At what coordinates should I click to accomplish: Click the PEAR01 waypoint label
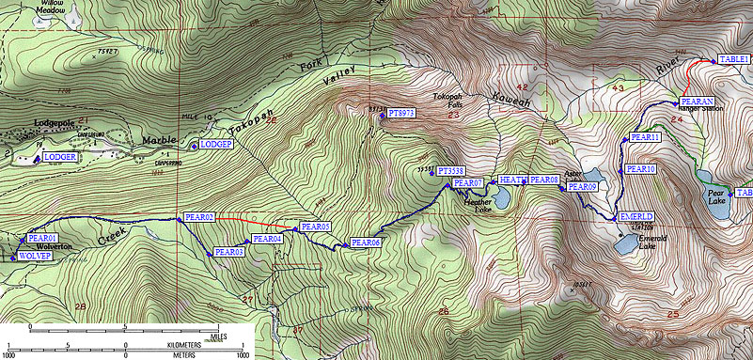pyautogui.click(x=44, y=239)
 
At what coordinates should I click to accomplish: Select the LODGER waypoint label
pyautogui.click(x=59, y=157)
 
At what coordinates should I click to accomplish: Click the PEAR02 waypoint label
pyautogui.click(x=200, y=217)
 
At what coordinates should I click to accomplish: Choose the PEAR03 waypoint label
pyautogui.click(x=229, y=252)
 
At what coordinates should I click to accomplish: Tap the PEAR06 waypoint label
pyautogui.click(x=365, y=243)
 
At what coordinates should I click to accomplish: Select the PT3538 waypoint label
pyautogui.click(x=451, y=171)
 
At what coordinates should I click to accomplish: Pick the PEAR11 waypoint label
pyautogui.click(x=647, y=137)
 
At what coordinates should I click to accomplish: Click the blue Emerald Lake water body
pyautogui.click(x=623, y=245)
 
